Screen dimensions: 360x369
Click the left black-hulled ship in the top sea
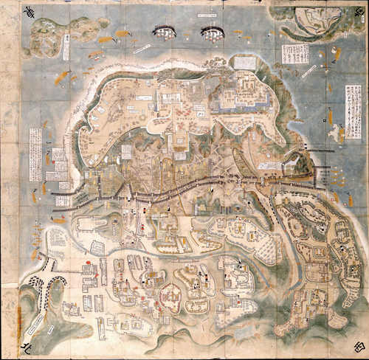165,31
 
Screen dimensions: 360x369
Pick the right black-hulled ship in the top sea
213,32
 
